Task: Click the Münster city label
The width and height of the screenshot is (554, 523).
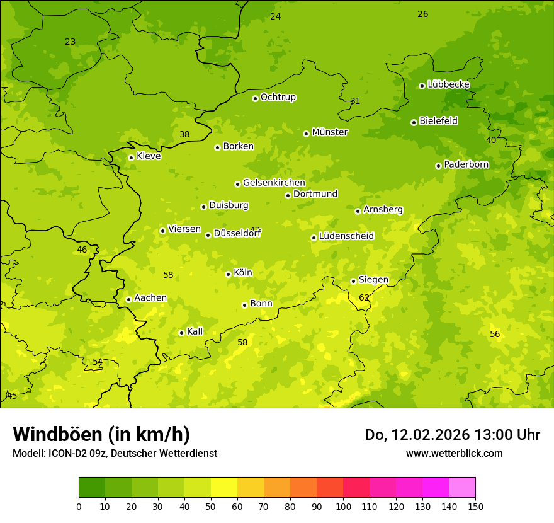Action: coord(330,132)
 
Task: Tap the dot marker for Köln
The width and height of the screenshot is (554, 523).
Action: coord(228,274)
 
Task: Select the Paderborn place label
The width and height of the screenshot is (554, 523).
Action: coord(466,164)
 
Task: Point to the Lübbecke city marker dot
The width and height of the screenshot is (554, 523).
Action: coord(422,86)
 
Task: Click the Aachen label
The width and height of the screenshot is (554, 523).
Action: coord(150,298)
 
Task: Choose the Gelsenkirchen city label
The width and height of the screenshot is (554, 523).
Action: coord(274,183)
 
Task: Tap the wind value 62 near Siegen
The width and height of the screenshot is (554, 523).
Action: coord(365,297)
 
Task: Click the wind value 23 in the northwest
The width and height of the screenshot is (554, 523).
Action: coord(71,42)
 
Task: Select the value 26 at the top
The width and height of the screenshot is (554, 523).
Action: coord(423,14)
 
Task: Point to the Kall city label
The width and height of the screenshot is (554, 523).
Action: coord(195,331)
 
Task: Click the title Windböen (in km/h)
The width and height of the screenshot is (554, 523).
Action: coord(101,434)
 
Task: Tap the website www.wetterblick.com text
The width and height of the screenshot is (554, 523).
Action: coord(455,453)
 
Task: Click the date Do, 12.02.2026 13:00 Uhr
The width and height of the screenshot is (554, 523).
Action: coord(453,435)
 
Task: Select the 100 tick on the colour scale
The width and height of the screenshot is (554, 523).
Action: coord(343,506)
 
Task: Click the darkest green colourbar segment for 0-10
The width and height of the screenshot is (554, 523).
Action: coord(92,488)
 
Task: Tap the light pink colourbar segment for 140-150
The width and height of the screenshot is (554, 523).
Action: coord(462,488)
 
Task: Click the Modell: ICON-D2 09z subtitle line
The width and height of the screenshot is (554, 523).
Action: coord(115,453)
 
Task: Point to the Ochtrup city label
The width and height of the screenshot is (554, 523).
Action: coord(278,97)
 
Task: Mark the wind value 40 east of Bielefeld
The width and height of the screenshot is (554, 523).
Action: coord(491,140)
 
